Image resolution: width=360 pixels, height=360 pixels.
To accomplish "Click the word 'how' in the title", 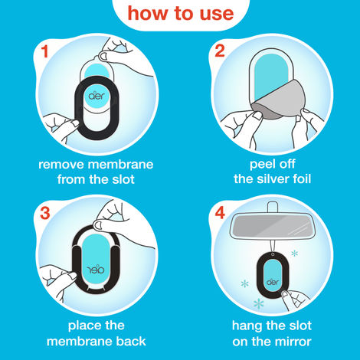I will coord(146,13).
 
